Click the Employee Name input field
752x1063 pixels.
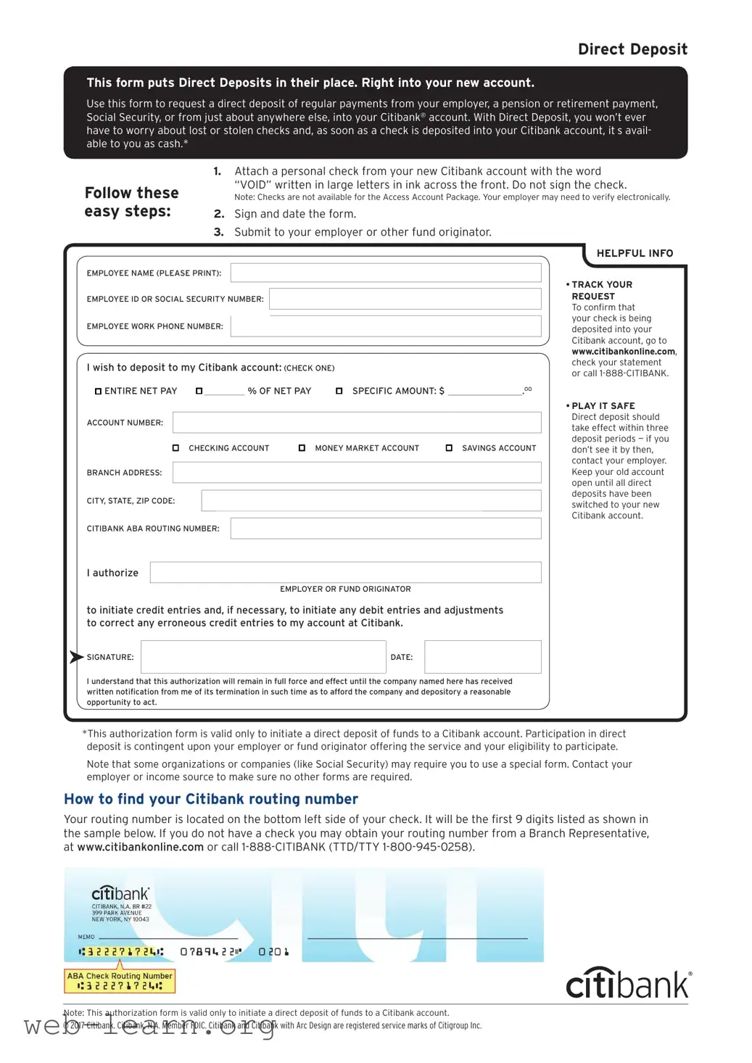pos(385,273)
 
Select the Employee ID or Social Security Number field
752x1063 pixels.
pos(405,299)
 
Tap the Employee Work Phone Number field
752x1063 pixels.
pos(385,326)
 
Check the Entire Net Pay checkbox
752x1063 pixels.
pos(98,392)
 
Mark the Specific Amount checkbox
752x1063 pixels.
pos(339,392)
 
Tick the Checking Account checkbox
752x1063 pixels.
pos(175,448)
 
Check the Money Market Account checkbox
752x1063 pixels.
pos(302,448)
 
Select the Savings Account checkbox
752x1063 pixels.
pos(449,448)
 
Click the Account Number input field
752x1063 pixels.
pos(356,423)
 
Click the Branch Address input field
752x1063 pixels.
pos(356,473)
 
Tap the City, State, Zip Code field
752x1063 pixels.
pos(371,500)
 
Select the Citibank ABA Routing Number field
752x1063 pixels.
pos(385,529)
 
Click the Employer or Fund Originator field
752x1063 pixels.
pos(345,572)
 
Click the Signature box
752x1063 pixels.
pos(263,657)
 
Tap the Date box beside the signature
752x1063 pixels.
pos(482,657)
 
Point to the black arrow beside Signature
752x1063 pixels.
pos(76,657)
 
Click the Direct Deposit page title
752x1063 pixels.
pos(632,49)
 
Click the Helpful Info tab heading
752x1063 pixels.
pos(635,253)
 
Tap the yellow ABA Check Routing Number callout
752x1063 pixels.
pos(120,981)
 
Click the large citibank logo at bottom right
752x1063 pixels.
pos(627,984)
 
